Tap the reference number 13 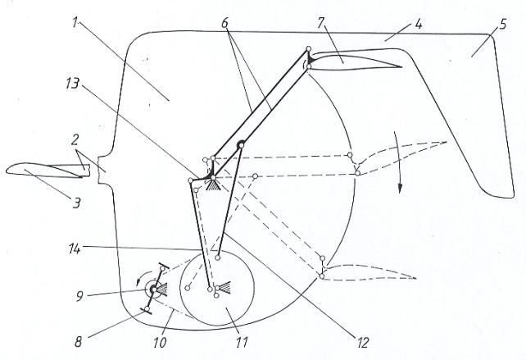pos(72,84)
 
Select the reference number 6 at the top pos(224,23)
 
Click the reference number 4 pos(418,24)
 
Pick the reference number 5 pos(502,24)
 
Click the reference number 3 pos(77,203)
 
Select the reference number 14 pos(74,249)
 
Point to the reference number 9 pos(79,297)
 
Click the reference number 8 pos(78,342)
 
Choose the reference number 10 pos(160,343)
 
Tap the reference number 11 pos(242,343)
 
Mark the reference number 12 pos(363,343)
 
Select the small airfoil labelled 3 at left pos(48,170)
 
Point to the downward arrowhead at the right pos(399,189)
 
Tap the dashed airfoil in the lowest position pos(369,271)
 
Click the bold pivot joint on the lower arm pos(241,145)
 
